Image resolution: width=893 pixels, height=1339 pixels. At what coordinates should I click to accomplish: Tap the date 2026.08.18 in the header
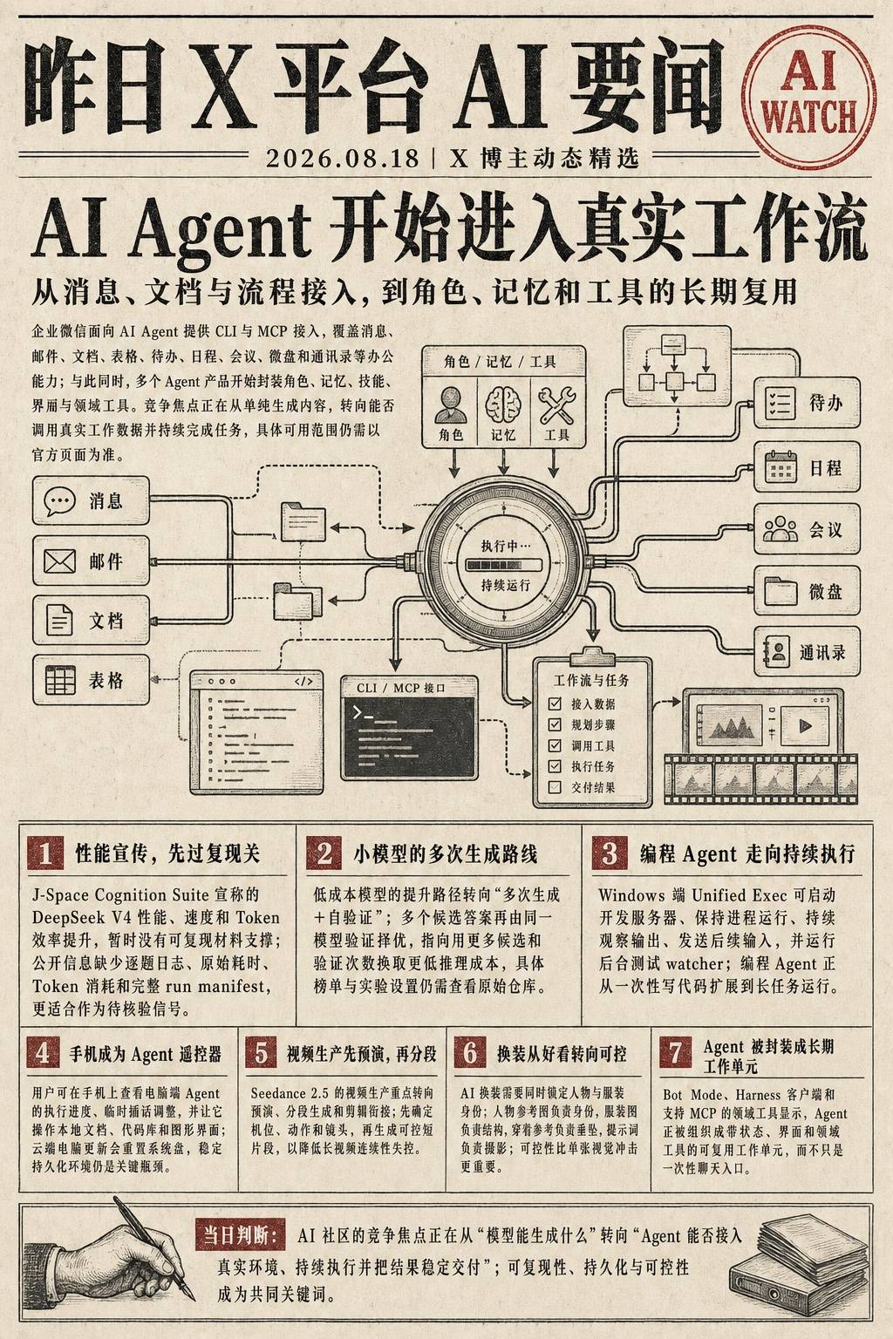click(x=342, y=159)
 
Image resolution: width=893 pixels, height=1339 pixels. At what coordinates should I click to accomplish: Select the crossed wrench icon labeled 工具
click(x=557, y=405)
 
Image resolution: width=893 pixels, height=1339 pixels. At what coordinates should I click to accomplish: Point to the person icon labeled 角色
click(x=450, y=405)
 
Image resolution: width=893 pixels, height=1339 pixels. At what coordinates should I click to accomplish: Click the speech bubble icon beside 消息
click(x=60, y=500)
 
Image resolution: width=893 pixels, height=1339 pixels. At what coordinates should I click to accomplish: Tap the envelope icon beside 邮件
click(x=60, y=561)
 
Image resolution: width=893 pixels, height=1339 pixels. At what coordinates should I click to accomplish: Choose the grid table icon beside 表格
click(x=60, y=680)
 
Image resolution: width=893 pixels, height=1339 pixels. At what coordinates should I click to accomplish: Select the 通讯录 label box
click(x=807, y=651)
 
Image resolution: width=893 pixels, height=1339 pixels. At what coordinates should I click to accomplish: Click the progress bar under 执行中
click(x=503, y=564)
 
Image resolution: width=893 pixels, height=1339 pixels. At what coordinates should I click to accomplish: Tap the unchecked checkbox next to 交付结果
click(x=555, y=786)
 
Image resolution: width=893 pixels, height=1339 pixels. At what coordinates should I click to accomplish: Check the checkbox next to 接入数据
click(x=555, y=703)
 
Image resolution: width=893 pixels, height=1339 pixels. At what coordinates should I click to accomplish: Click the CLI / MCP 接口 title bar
click(x=409, y=688)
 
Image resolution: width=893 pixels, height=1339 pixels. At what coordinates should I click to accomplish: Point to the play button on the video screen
click(x=805, y=726)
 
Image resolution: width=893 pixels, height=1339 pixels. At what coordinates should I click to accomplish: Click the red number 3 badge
click(x=610, y=853)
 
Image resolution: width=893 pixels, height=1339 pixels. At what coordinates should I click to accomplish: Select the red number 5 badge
click(x=261, y=1053)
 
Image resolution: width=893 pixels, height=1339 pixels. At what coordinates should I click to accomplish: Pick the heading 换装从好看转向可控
click(x=562, y=1054)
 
